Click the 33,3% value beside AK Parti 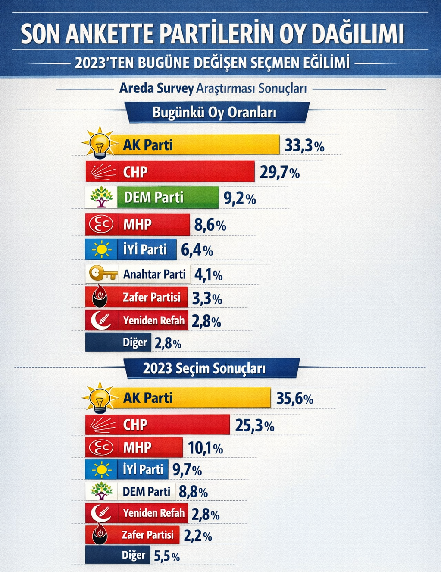tap(304, 146)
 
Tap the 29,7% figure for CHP tap(279, 173)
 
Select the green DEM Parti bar tap(168, 198)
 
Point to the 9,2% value tap(240, 199)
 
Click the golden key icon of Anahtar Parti tap(103, 274)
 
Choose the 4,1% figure tap(208, 275)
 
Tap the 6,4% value tap(197, 250)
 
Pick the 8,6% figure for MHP tap(210, 225)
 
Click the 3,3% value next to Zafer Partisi tap(207, 299)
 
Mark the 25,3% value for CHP tap(255, 426)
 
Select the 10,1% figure tap(205, 448)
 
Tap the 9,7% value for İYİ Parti tap(187, 470)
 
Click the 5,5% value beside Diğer tap(167, 556)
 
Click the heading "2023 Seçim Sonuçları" tap(204, 368)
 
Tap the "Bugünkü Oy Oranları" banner tap(214, 113)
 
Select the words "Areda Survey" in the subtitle tap(156, 88)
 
